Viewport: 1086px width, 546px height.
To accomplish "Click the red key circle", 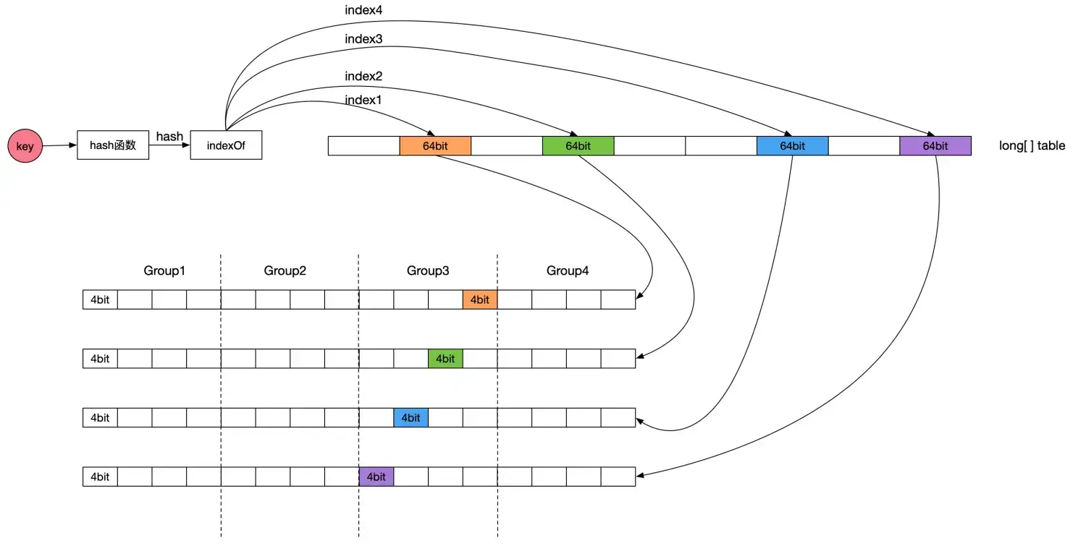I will pyautogui.click(x=25, y=147).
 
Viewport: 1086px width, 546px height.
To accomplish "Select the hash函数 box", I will pyautogui.click(x=113, y=145).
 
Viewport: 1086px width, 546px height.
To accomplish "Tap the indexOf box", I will pyautogui.click(x=226, y=145).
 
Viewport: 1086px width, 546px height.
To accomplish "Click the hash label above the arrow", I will pyautogui.click(x=169, y=136).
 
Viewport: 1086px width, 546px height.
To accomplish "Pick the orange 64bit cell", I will pyautogui.click(x=435, y=146).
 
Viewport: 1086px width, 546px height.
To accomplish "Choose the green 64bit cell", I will pyautogui.click(x=578, y=146).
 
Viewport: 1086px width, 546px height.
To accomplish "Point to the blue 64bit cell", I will pyautogui.click(x=792, y=146).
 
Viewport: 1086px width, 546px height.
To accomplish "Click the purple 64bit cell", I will pyautogui.click(x=935, y=146).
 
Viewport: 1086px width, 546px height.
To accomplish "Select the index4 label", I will pyautogui.click(x=363, y=12).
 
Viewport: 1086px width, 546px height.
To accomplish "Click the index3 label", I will pyautogui.click(x=363, y=39).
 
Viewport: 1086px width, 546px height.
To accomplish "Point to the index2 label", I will pyautogui.click(x=363, y=76).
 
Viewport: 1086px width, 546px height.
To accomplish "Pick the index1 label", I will pyautogui.click(x=363, y=101).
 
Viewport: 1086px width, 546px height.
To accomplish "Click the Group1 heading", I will pyautogui.click(x=164, y=270).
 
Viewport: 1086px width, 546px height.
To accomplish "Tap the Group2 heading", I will pyautogui.click(x=285, y=270).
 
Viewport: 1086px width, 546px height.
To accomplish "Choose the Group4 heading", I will pyautogui.click(x=568, y=270).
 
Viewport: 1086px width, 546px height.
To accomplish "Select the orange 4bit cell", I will pyautogui.click(x=480, y=299).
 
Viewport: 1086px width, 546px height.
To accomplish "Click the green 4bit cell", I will pyautogui.click(x=445, y=359).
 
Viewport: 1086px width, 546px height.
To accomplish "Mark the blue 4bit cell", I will pyautogui.click(x=411, y=418).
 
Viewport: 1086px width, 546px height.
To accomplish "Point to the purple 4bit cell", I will pyautogui.click(x=376, y=477).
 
